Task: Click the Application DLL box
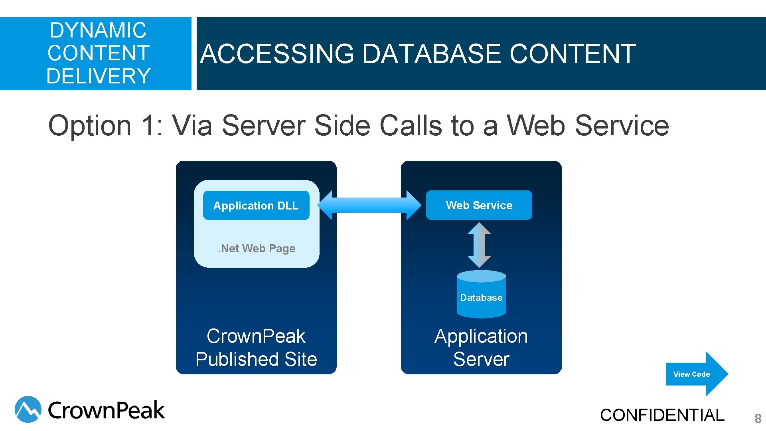256,206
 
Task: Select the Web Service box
479,205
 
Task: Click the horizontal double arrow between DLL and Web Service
369,205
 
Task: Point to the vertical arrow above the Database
479,245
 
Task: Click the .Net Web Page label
257,248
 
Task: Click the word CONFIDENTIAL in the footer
662,415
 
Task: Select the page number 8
758,418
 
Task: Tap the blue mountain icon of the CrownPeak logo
28,409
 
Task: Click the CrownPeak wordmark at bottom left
106,410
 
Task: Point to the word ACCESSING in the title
277,54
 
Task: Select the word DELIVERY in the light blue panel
98,76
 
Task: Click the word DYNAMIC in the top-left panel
98,30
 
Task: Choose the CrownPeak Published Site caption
256,347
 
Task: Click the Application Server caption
481,347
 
